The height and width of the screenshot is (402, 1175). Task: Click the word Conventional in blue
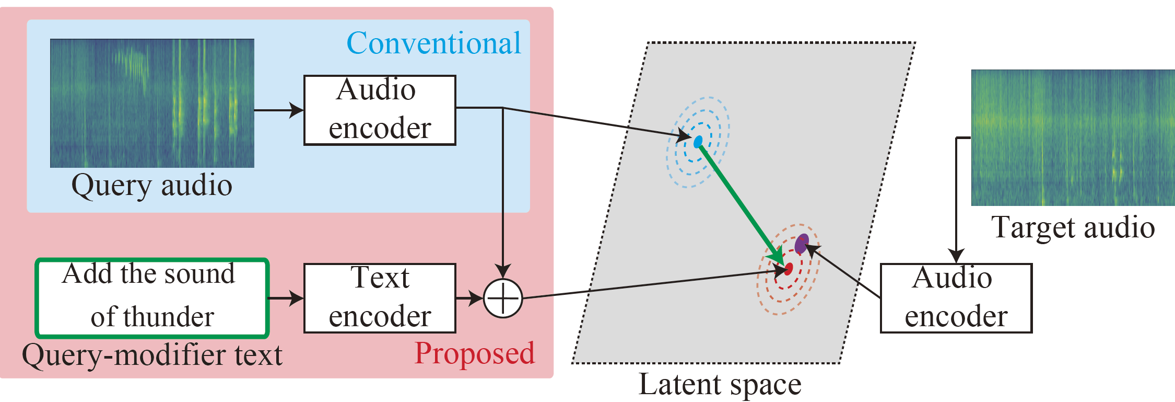pos(433,43)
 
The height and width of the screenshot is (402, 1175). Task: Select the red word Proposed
pos(474,353)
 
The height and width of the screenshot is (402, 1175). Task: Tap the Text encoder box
pos(380,298)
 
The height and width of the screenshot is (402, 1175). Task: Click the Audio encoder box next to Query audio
pos(380,110)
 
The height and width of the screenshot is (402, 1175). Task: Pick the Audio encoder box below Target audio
pos(956,298)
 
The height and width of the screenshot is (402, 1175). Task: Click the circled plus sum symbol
pos(502,298)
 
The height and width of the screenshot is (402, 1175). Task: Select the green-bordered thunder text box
pos(152,298)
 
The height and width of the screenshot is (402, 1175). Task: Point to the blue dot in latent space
pos(698,142)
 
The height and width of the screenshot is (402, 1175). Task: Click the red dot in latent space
pos(788,269)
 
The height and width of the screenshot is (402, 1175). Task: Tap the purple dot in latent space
pos(802,244)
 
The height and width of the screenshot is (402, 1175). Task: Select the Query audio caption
pos(151,186)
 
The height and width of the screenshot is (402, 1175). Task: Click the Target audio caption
pos(1073,228)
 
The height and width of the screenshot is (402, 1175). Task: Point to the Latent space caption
pos(720,385)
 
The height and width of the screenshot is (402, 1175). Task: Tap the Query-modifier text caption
pos(151,355)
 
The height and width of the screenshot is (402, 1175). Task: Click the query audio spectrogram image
pos(152,103)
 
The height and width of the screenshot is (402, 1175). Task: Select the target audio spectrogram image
pos(1073,137)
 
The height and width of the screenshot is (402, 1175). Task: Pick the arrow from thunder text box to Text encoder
pos(286,298)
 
